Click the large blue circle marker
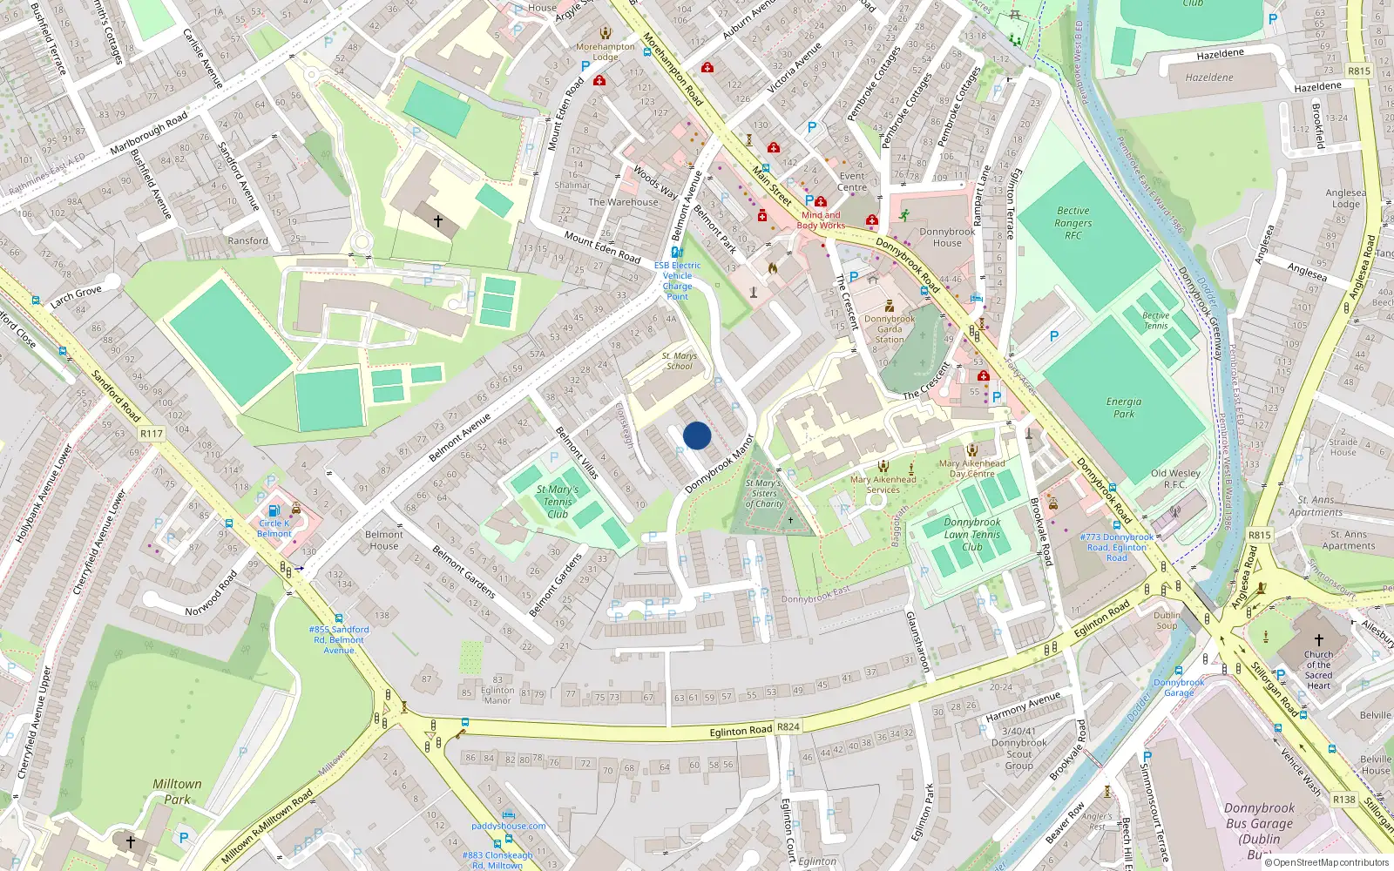point(697,435)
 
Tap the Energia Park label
point(1123,408)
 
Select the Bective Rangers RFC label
point(1073,223)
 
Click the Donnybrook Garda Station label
point(890,329)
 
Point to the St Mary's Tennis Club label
point(558,502)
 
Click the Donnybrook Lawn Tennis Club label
point(972,534)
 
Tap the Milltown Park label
point(177,791)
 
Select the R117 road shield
point(152,433)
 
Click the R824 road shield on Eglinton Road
point(788,726)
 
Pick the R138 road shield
point(1344,799)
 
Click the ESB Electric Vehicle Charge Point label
point(677,280)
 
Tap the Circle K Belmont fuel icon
point(274,511)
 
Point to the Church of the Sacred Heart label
point(1318,670)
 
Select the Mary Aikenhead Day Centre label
point(971,469)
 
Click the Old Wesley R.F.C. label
point(1175,478)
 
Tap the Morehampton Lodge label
point(606,51)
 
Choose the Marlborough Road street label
point(149,133)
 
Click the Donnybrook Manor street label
point(719,464)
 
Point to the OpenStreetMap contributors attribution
point(1326,862)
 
